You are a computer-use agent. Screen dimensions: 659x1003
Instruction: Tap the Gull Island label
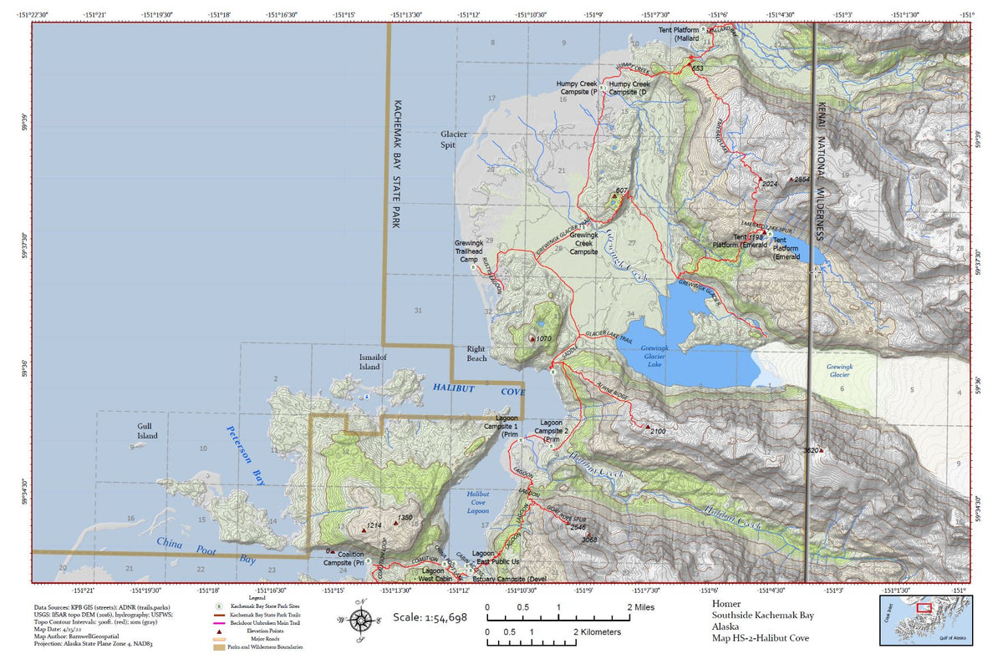click(148, 430)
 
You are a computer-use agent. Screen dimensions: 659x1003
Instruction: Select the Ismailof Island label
click(369, 362)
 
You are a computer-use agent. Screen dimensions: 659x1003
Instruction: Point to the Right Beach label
click(476, 353)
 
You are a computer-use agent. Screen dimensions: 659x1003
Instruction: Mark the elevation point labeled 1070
click(532, 339)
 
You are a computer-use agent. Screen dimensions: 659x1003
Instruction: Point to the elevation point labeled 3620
click(821, 450)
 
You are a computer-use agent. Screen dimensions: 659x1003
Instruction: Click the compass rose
click(361, 621)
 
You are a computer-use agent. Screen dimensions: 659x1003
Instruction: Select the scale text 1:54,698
click(430, 617)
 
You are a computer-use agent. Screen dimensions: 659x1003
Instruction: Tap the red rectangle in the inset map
click(924, 608)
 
